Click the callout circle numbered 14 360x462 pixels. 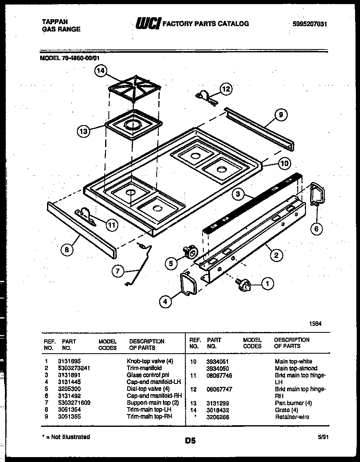pyautogui.click(x=101, y=71)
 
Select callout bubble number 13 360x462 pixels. pyautogui.click(x=83, y=131)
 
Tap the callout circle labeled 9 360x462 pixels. pyautogui.click(x=281, y=115)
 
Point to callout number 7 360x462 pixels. pyautogui.click(x=118, y=270)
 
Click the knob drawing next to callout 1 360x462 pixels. pyautogui.click(x=243, y=285)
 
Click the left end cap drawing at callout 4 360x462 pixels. pyautogui.click(x=188, y=284)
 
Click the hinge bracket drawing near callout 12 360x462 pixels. pyautogui.click(x=205, y=96)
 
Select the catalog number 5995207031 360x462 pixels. pyautogui.click(x=310, y=24)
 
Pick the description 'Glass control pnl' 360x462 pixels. pyautogui.click(x=148, y=375)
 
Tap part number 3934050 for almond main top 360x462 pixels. pyautogui.click(x=218, y=368)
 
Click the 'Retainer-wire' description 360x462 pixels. pyautogui.click(x=292, y=417)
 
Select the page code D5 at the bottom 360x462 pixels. pyautogui.click(x=190, y=441)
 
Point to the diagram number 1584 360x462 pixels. pyautogui.click(x=315, y=323)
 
